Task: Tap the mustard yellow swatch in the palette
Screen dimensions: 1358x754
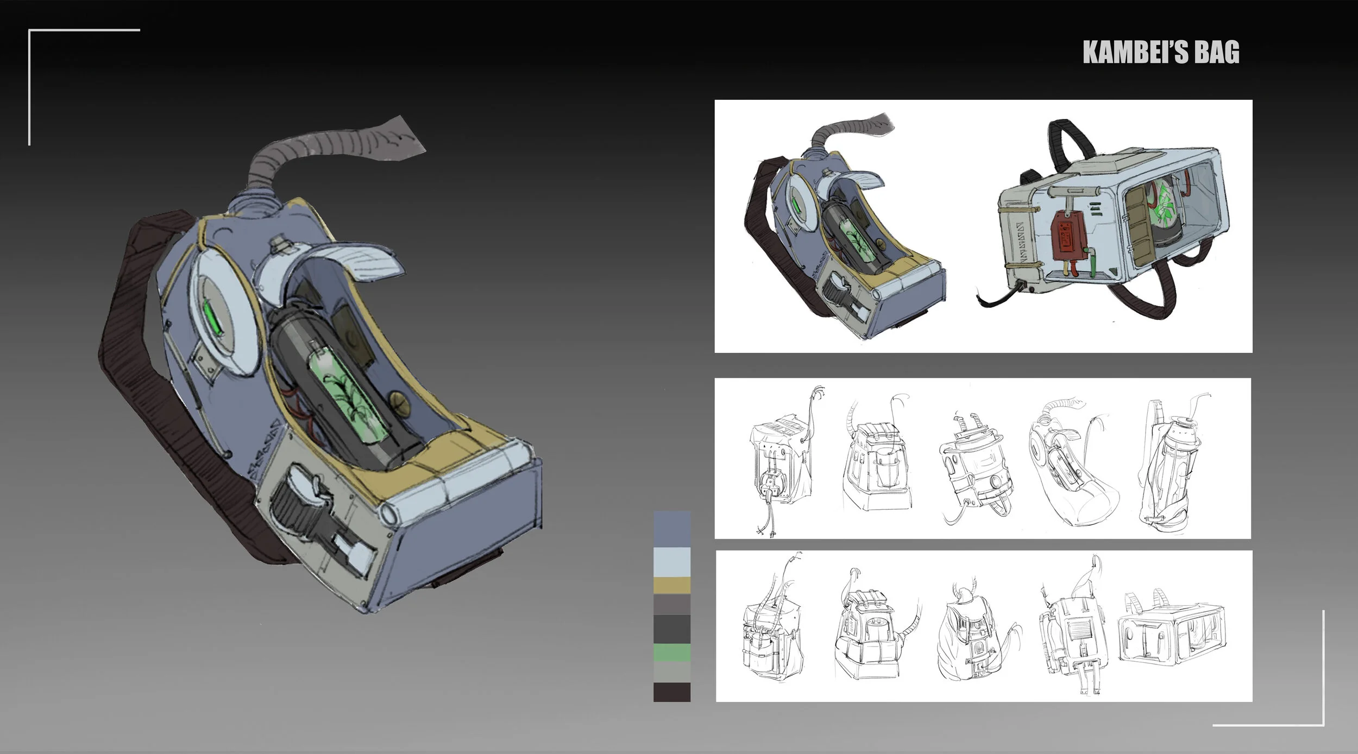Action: click(x=672, y=585)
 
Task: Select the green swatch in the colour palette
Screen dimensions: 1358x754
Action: click(x=672, y=652)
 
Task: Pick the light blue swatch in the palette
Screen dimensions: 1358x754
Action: click(x=672, y=561)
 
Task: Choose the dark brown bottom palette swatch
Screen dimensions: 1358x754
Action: click(x=672, y=692)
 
